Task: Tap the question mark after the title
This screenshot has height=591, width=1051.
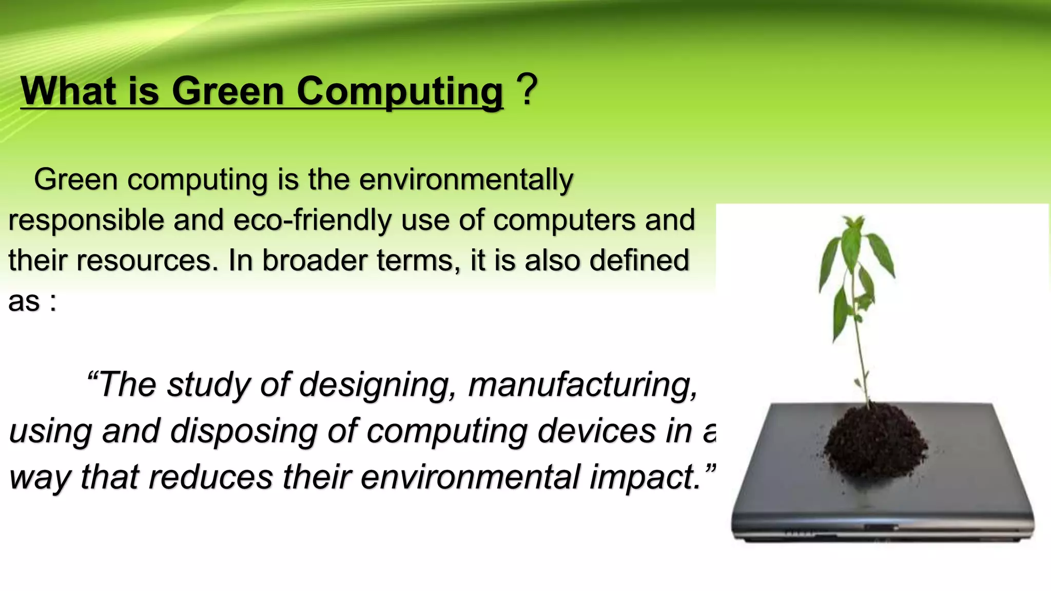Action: (527, 89)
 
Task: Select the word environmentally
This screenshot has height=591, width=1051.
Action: (465, 180)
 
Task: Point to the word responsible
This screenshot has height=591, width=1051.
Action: (86, 221)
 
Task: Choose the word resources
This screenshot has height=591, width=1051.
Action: (144, 260)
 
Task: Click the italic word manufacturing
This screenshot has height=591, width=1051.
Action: (583, 385)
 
